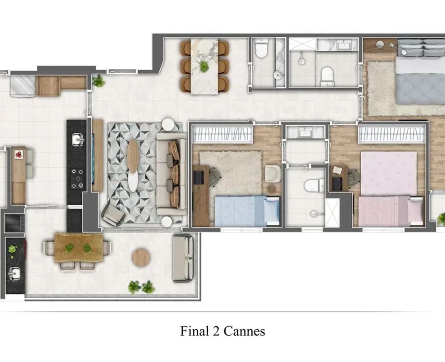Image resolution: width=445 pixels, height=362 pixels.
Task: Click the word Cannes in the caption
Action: click(244, 331)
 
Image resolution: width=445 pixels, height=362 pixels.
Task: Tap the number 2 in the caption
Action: click(216, 331)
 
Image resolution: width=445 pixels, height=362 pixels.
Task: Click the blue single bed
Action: click(247, 210)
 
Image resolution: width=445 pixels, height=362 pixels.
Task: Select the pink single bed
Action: click(391, 211)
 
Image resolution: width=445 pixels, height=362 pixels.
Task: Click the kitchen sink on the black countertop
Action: click(77, 140)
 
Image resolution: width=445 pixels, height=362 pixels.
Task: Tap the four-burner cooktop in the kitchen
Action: click(77, 179)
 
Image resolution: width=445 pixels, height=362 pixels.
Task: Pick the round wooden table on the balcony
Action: click(141, 257)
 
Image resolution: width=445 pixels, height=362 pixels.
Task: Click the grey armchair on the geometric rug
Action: click(114, 215)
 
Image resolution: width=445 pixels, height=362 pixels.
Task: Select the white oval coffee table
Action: click(133, 181)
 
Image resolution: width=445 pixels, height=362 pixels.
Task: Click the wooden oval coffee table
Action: click(133, 156)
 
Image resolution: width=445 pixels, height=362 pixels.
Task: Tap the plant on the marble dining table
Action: click(204, 67)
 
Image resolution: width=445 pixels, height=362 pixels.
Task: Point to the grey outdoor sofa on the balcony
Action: click(183, 258)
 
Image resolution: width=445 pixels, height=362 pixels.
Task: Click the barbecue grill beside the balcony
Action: click(14, 223)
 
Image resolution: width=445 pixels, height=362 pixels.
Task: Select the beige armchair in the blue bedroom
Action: click(272, 174)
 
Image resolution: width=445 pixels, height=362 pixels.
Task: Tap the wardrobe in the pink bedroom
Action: click(392, 134)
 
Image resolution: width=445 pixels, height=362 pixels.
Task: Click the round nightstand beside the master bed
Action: click(380, 45)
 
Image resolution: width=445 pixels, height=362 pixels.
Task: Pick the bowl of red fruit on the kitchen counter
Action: click(19, 154)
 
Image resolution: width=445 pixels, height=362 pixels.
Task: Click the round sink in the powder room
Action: click(278, 75)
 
